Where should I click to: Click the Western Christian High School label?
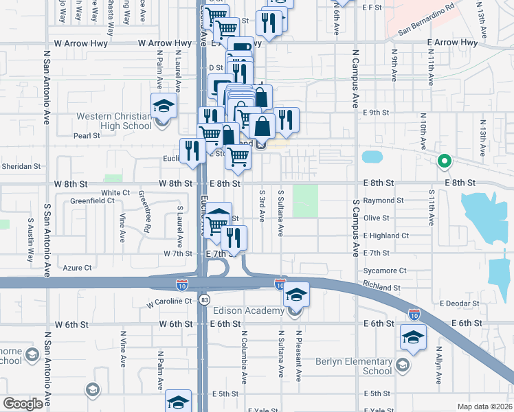[114, 121]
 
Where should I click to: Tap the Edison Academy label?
[254, 311]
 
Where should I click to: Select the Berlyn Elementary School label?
[353, 366]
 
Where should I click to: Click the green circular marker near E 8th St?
[444, 162]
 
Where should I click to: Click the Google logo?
[23, 403]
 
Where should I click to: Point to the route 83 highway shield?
[204, 300]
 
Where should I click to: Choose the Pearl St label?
[87, 136]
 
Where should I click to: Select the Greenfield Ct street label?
[92, 201]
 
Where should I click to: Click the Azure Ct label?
[77, 268]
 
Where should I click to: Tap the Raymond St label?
[383, 201]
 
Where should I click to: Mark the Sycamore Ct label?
[385, 271]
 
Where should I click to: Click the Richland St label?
[382, 288]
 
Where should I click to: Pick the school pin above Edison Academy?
[296, 295]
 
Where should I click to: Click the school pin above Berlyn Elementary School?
[412, 337]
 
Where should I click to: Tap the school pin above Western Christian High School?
[164, 106]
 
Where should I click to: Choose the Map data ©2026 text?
[484, 407]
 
